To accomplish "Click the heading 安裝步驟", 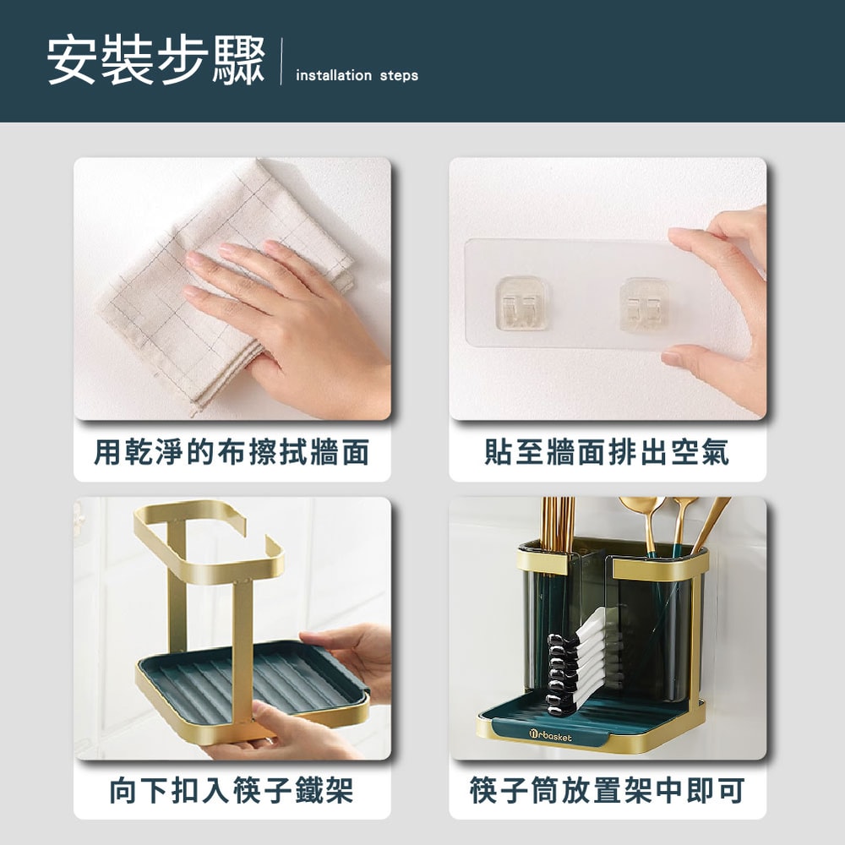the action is [x=156, y=60].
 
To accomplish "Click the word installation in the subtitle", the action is [x=334, y=75].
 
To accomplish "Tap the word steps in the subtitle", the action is [x=399, y=76].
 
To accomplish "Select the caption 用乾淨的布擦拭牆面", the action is [x=232, y=451].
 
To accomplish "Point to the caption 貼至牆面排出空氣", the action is [x=607, y=451].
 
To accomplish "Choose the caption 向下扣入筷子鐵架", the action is [x=232, y=790].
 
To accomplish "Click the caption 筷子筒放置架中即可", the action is [x=608, y=790].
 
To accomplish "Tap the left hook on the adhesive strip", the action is [x=521, y=303].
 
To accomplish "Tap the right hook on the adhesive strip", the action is [x=645, y=304].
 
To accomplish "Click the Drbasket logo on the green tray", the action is [x=550, y=736].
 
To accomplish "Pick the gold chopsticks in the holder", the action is [x=558, y=531].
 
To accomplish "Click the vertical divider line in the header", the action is [x=281, y=61].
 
